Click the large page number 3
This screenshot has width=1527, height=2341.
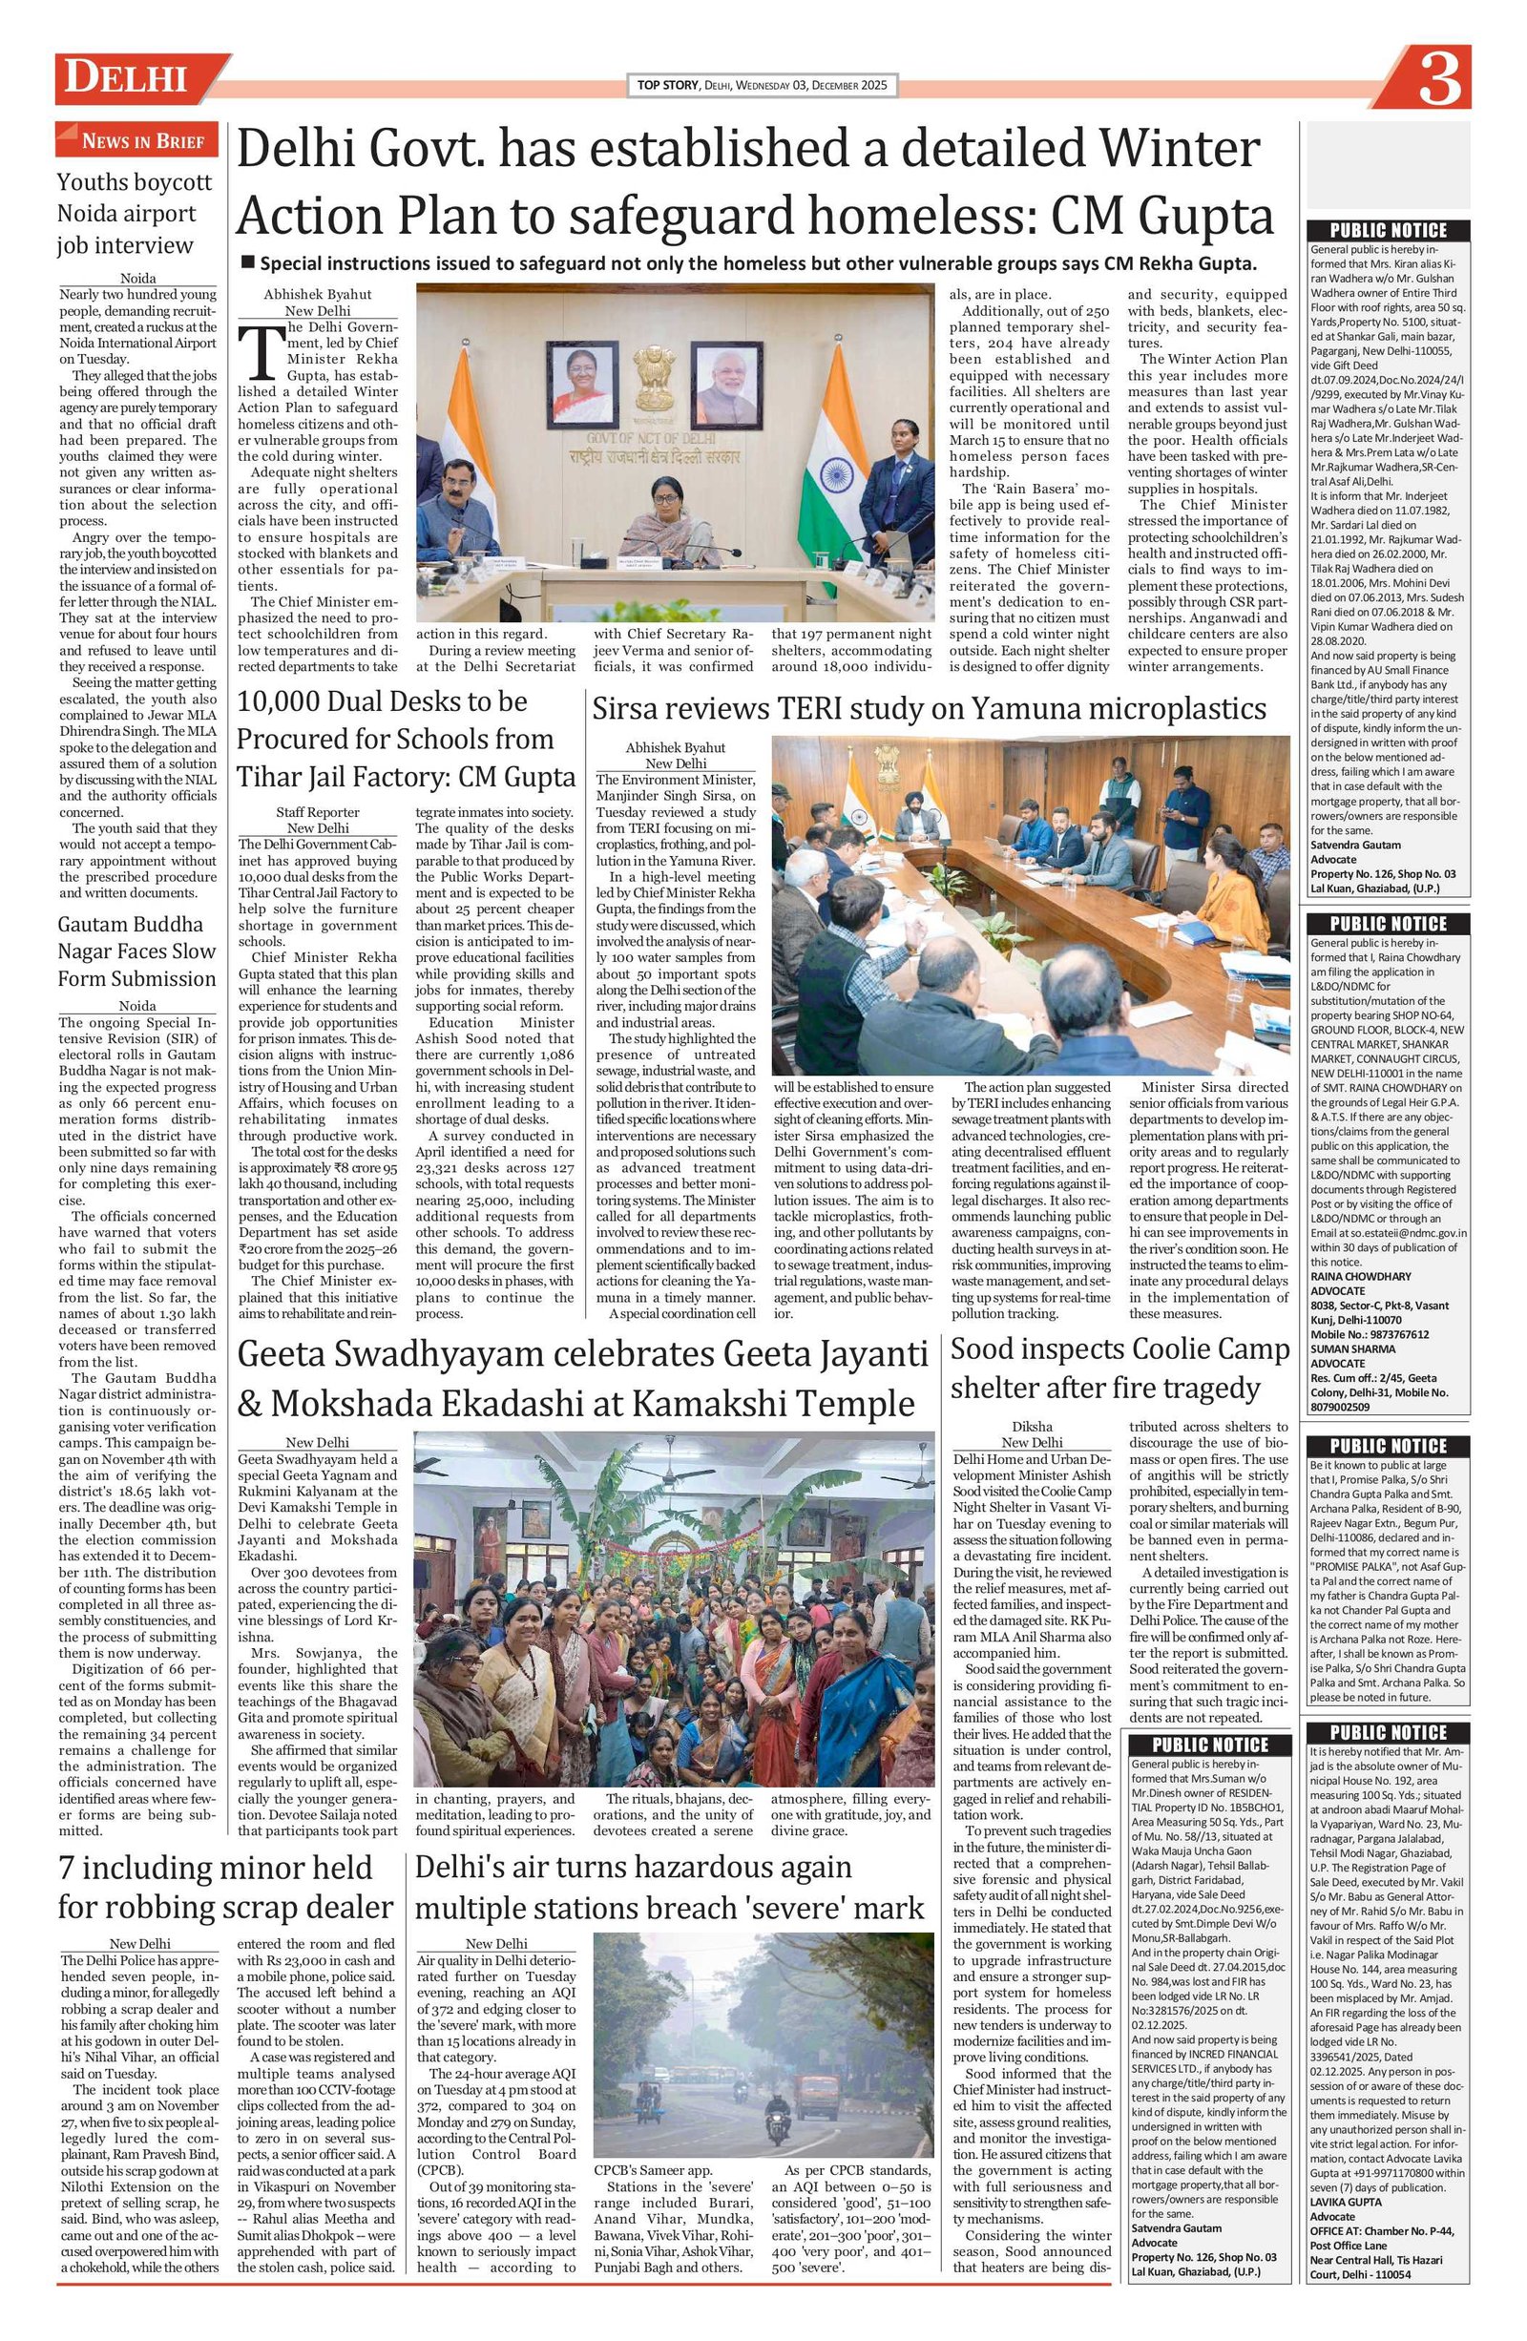point(1438,79)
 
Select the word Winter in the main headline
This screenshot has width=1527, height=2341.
point(1180,150)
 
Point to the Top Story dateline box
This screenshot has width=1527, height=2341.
point(763,86)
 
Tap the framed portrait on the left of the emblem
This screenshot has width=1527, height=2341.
point(581,381)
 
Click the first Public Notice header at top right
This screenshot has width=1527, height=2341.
point(1389,230)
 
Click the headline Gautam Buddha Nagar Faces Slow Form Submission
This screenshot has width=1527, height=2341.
point(136,951)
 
